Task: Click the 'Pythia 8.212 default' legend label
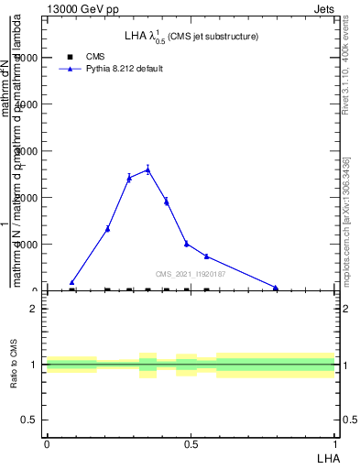coord(124,69)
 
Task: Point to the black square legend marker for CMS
coord(71,56)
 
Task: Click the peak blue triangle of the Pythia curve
coord(147,169)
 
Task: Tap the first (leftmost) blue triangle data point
coord(72,282)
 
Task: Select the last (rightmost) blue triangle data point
coord(275,288)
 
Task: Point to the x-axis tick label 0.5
coord(191,443)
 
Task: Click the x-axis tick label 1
coord(335,443)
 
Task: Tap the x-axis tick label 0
coord(46,443)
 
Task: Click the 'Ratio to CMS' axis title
coord(15,365)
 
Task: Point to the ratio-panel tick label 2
coord(33,309)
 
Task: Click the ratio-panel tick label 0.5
coord(28,420)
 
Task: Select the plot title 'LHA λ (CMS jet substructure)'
coord(191,36)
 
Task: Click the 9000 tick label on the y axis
coord(26,58)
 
